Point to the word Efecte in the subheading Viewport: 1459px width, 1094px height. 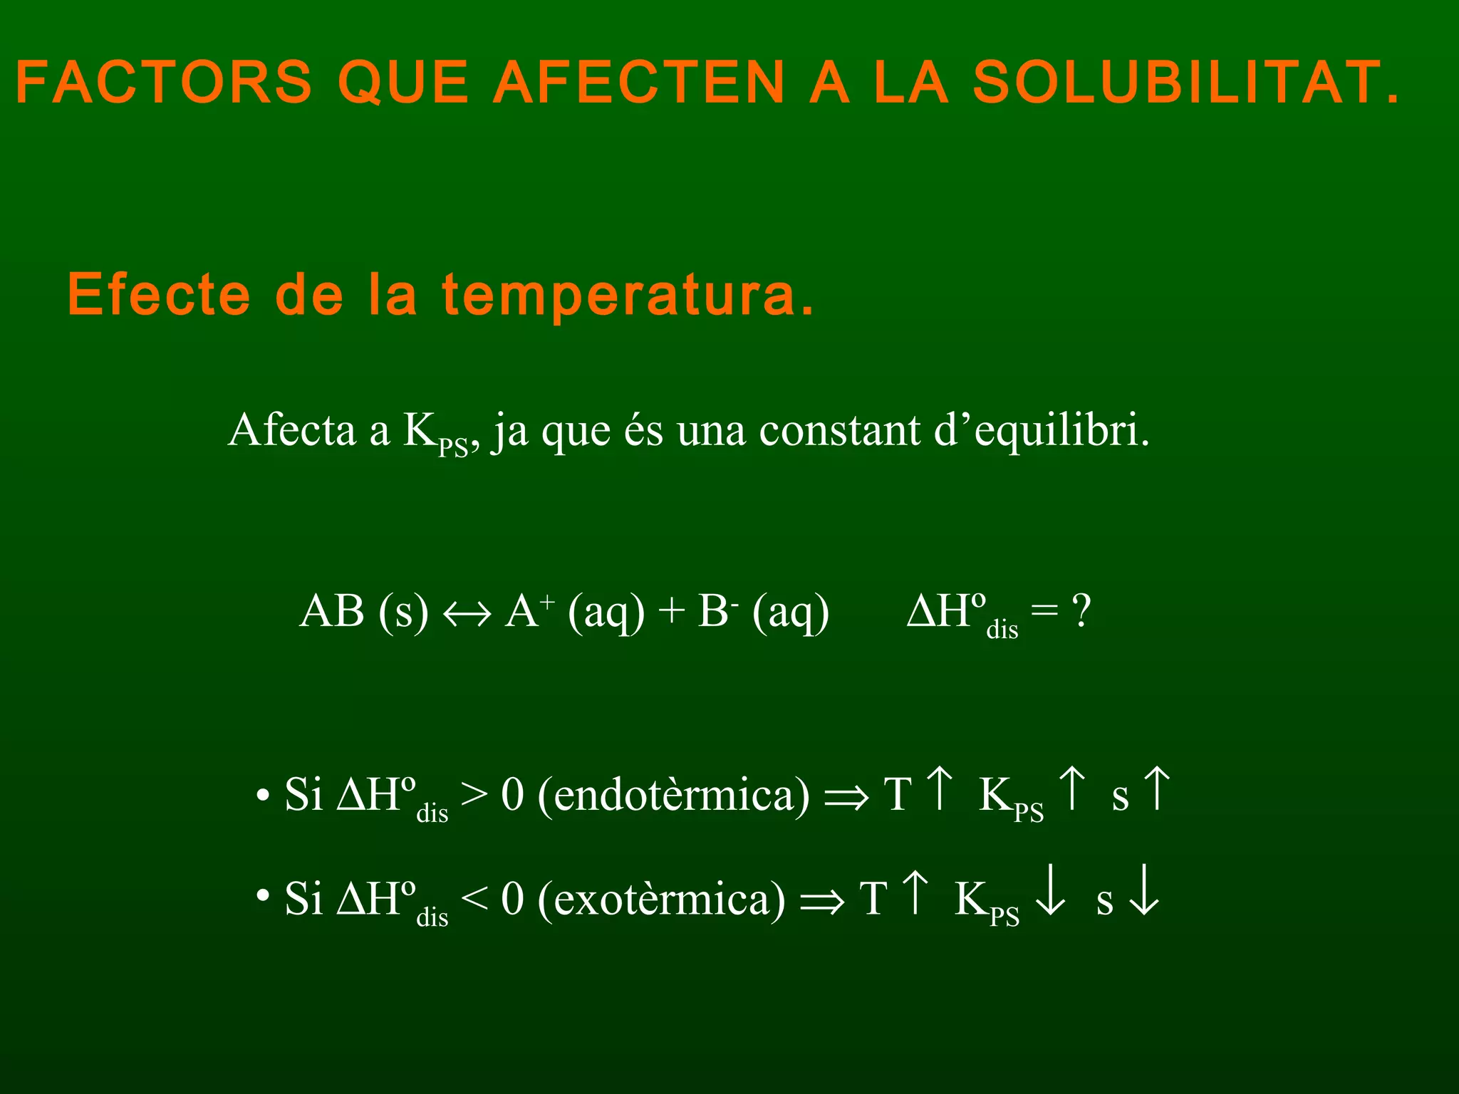click(159, 295)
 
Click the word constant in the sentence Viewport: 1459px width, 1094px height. click(839, 431)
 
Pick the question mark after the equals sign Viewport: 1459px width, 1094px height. click(1081, 611)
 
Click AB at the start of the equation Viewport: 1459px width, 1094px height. click(332, 611)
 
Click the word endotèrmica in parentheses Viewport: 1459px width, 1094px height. click(674, 795)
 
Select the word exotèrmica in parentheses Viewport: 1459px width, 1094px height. click(662, 899)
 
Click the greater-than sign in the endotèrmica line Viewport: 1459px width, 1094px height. click(474, 795)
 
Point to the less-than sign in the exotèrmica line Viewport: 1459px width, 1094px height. click(474, 899)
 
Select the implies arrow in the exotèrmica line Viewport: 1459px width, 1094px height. click(822, 902)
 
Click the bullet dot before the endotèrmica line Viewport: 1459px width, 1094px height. click(263, 795)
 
